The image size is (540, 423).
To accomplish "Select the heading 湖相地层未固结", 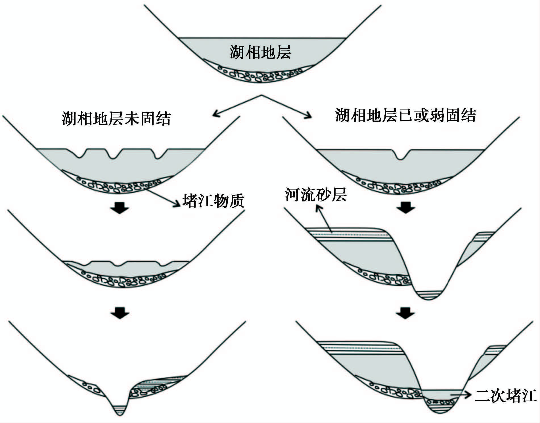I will (x=116, y=118).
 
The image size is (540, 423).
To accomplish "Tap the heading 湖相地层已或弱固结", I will (x=405, y=115).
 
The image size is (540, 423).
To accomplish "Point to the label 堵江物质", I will (x=213, y=201).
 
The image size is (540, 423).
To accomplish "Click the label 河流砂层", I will (x=316, y=195).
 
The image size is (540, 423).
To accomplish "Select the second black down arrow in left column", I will (x=120, y=313).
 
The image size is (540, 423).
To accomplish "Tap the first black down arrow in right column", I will (x=406, y=208).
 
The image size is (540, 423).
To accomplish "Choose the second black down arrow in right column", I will (x=405, y=313).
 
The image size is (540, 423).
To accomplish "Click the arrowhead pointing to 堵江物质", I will (x=178, y=204).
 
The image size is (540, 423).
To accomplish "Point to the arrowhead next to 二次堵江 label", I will (x=468, y=395).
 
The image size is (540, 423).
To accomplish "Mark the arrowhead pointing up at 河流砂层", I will (x=319, y=209).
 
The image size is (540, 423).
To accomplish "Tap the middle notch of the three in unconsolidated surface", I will (x=113, y=156).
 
